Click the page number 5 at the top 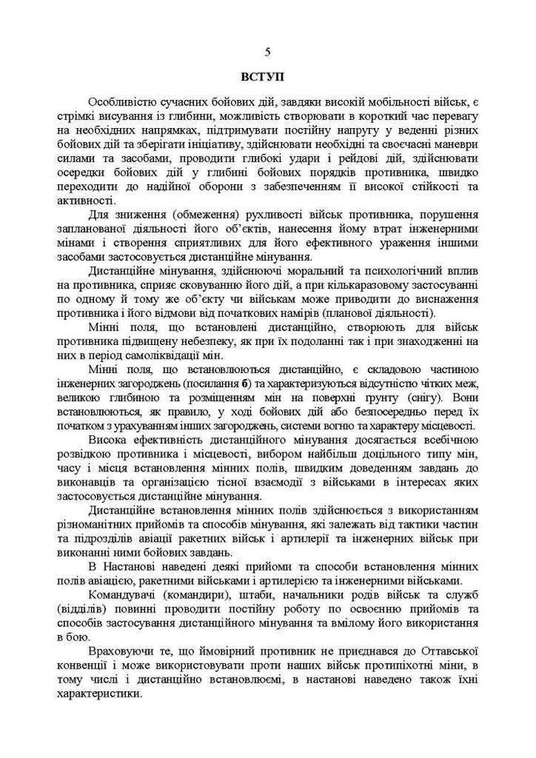(x=268, y=52)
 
